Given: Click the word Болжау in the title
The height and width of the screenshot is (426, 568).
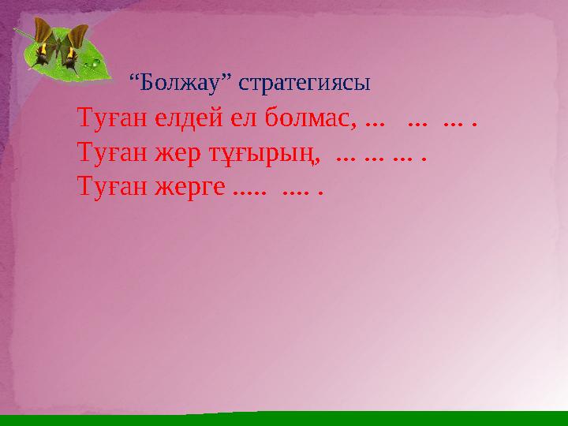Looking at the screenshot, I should [x=177, y=82].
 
